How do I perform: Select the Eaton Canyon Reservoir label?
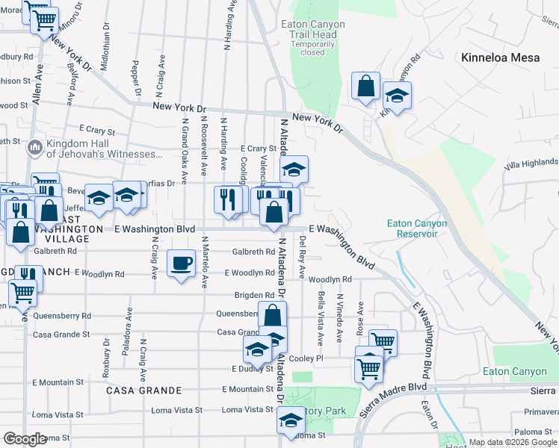(417, 228)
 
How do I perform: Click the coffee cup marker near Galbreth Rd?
(182, 264)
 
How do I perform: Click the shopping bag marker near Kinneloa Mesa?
(365, 87)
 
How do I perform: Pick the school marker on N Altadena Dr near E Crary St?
(294, 169)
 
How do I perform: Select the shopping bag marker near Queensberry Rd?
(272, 315)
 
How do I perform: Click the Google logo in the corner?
(25, 439)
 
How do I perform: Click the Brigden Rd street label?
(253, 296)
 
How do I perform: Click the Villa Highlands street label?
(531, 163)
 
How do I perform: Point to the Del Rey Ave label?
(302, 258)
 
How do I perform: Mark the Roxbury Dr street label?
(106, 357)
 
